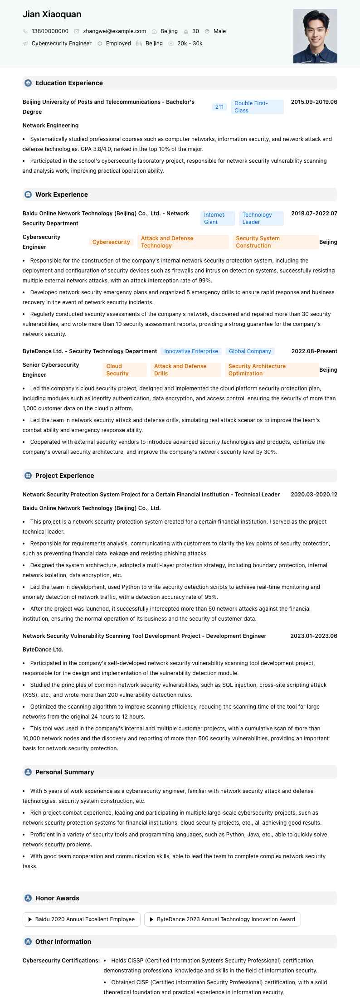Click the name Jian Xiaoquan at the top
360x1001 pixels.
(x=52, y=15)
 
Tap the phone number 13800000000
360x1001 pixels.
(x=50, y=31)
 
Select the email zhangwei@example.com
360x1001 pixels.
(x=114, y=31)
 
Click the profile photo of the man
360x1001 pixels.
(x=315, y=36)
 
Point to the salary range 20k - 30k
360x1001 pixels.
(x=190, y=44)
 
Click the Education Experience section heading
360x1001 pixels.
(x=69, y=83)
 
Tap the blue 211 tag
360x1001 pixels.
(x=219, y=107)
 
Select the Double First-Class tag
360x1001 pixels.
(x=257, y=107)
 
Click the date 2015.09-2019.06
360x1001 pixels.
(x=314, y=102)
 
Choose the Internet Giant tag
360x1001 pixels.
(x=217, y=219)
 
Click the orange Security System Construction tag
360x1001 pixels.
(x=275, y=242)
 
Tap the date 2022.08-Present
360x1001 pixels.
(x=314, y=351)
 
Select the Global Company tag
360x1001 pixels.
(x=250, y=351)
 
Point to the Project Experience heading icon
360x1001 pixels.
(x=28, y=476)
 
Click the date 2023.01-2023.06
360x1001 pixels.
(x=314, y=636)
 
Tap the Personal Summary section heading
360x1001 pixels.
(x=64, y=772)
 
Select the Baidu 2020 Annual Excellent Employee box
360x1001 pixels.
(x=82, y=919)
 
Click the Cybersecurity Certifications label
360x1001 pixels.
(x=61, y=961)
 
